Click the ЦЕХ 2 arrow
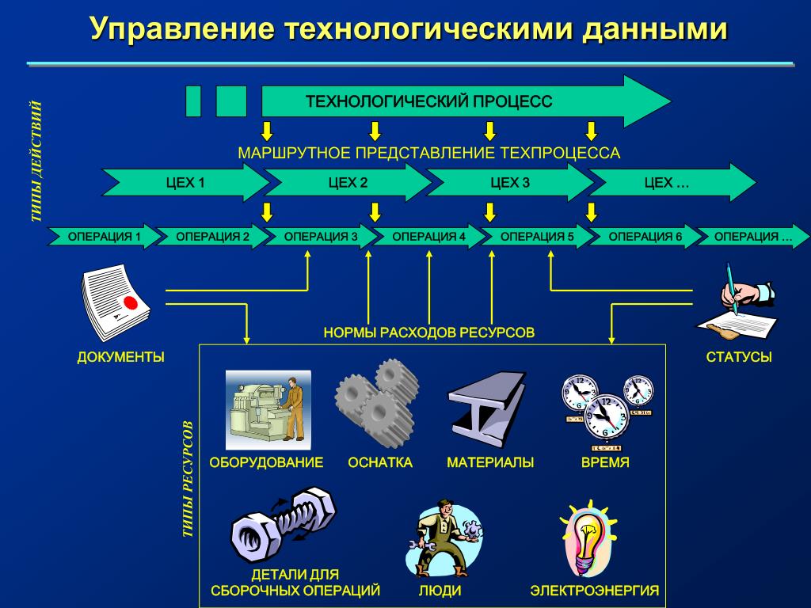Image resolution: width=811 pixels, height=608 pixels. (x=348, y=183)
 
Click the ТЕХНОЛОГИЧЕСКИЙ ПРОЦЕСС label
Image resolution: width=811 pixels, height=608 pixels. (x=428, y=101)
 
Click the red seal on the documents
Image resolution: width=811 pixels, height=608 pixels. (x=130, y=303)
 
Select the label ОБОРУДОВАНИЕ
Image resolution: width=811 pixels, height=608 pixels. (x=266, y=462)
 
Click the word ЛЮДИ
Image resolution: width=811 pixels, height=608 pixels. (x=440, y=591)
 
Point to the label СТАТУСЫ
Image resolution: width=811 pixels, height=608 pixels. (x=738, y=357)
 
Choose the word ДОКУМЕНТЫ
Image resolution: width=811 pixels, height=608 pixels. (x=120, y=357)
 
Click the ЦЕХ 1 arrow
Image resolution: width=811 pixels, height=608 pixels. (x=185, y=183)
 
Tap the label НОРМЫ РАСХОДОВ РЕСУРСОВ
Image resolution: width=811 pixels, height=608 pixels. (x=428, y=332)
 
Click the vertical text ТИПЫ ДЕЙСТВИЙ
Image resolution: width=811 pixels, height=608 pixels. (x=36, y=161)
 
